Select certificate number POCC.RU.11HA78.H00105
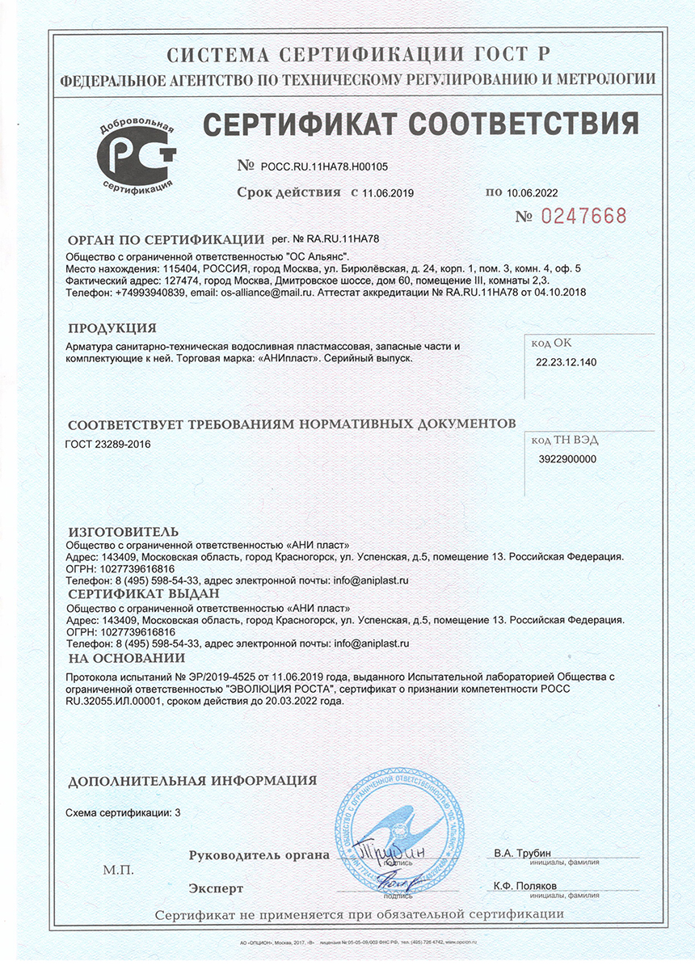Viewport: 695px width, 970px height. click(325, 167)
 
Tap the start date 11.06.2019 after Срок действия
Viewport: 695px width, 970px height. click(389, 193)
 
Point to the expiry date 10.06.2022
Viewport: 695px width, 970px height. click(533, 193)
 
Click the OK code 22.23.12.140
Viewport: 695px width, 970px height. click(566, 362)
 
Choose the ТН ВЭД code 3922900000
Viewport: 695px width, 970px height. click(567, 458)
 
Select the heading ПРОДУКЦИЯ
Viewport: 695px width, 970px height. click(112, 328)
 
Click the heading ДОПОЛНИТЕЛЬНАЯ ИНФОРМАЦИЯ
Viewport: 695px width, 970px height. click(192, 782)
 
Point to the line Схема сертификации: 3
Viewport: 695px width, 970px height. click(123, 812)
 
